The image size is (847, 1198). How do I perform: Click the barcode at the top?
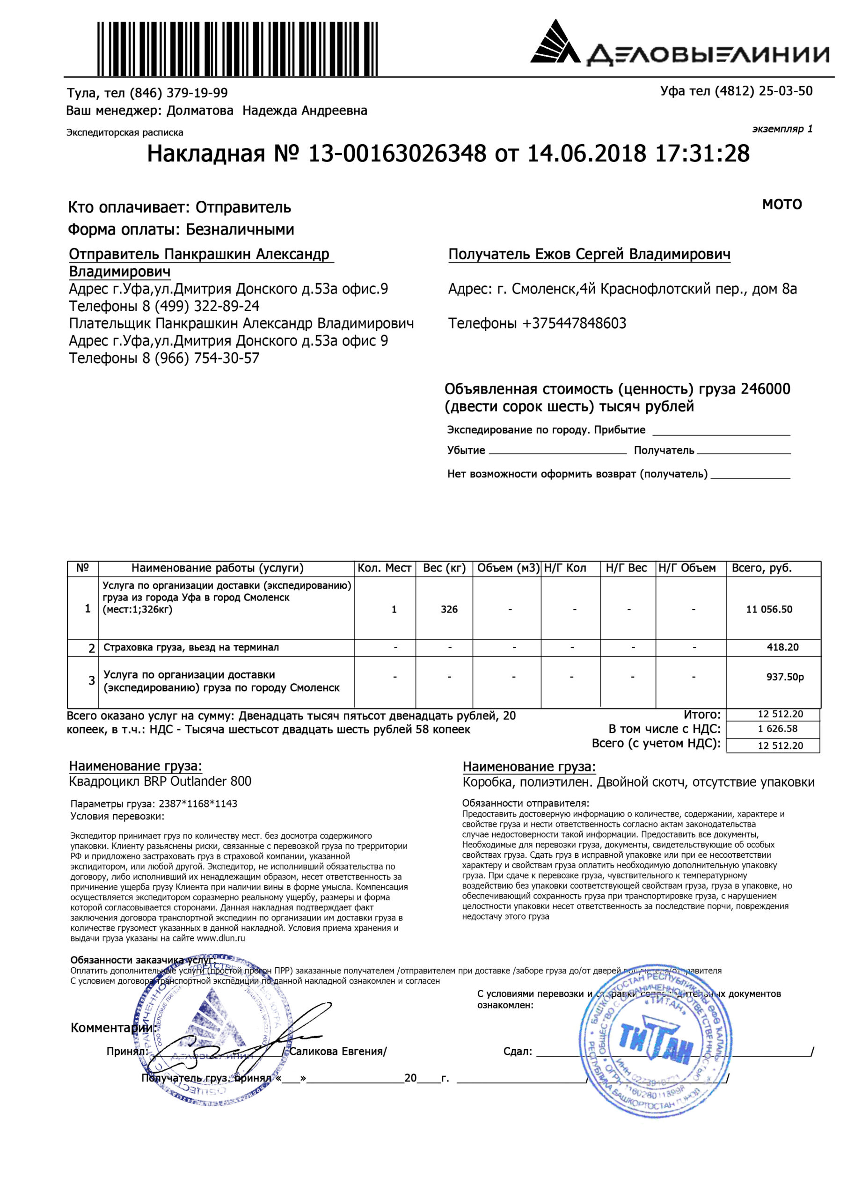[x=236, y=49]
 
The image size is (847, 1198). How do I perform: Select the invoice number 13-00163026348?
[x=397, y=154]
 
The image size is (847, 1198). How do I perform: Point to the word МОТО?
[x=781, y=205]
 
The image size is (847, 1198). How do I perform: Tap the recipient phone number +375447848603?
[x=574, y=323]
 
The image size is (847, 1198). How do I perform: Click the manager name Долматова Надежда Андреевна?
[x=266, y=110]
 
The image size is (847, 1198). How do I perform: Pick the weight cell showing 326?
[x=449, y=609]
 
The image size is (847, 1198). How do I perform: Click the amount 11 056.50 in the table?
[x=769, y=609]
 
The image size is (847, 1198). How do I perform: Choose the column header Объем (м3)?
[x=507, y=568]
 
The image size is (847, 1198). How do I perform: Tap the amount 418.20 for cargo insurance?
[x=782, y=647]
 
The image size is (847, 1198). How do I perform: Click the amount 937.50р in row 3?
[x=784, y=677]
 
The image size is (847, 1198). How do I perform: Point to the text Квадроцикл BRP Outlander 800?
[x=160, y=781]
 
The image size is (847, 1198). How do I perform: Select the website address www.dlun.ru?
[x=220, y=938]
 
